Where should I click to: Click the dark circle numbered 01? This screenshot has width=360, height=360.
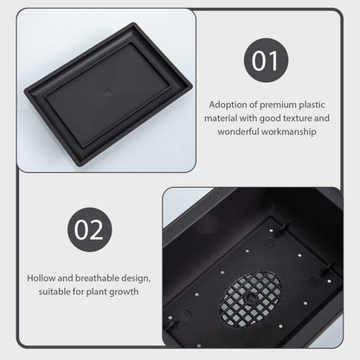click(266, 61)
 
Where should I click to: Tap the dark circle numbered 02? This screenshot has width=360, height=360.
click(90, 229)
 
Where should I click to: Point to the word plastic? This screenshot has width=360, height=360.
click(312, 105)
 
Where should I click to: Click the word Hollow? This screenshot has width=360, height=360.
click(42, 278)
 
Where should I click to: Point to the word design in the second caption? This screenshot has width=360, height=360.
click(136, 279)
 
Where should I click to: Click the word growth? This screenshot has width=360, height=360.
click(124, 292)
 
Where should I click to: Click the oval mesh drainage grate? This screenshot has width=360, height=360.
click(251, 299)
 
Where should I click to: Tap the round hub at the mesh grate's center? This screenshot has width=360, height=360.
click(249, 297)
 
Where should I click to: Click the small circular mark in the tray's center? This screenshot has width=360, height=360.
click(108, 93)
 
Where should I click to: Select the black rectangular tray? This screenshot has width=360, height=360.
click(108, 94)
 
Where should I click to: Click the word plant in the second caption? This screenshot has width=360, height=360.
click(96, 292)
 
